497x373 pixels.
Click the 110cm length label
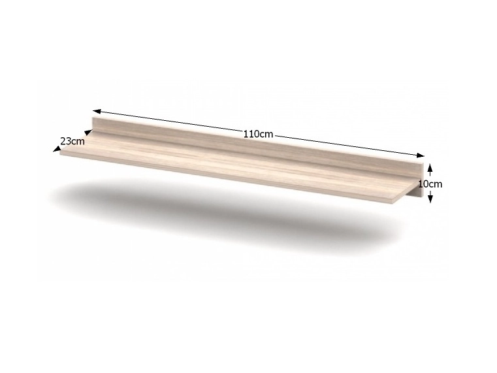259,134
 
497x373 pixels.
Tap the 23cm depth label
72,141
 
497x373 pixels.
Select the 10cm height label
430,184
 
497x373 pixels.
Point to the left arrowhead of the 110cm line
97,111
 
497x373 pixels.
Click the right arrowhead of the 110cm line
421,155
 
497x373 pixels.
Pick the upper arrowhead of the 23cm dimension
88,132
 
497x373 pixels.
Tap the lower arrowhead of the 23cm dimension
57,149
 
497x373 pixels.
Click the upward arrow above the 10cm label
430,170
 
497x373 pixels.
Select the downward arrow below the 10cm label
430,197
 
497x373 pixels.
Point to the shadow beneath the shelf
222,216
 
